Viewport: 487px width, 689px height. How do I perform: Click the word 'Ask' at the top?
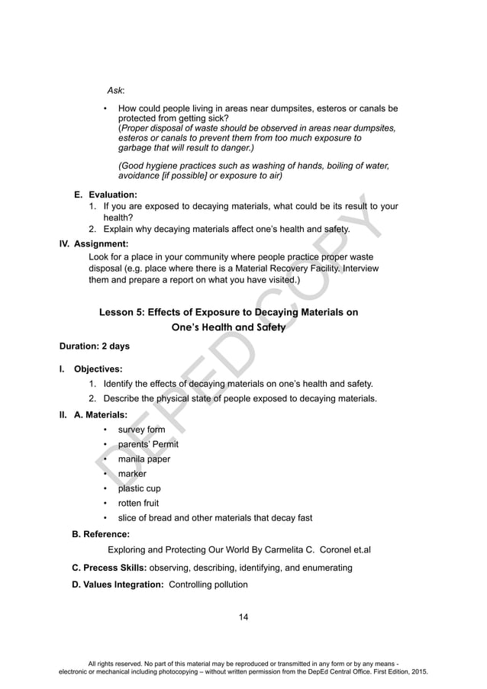point(115,91)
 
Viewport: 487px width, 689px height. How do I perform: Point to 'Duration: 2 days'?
point(95,346)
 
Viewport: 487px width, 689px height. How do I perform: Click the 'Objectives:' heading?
point(98,369)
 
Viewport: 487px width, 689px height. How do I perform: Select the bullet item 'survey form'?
point(141,430)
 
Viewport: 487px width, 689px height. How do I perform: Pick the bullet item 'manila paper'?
point(144,459)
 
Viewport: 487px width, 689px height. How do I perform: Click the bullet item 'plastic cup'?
point(139,488)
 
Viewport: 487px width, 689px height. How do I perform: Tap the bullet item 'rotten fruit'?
point(139,504)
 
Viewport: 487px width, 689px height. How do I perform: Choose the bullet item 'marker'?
point(131,474)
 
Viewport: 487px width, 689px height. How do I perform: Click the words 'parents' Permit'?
point(148,444)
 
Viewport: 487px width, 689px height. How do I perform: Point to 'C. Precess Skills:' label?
point(109,568)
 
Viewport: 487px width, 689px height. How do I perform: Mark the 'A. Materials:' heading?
point(101,415)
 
